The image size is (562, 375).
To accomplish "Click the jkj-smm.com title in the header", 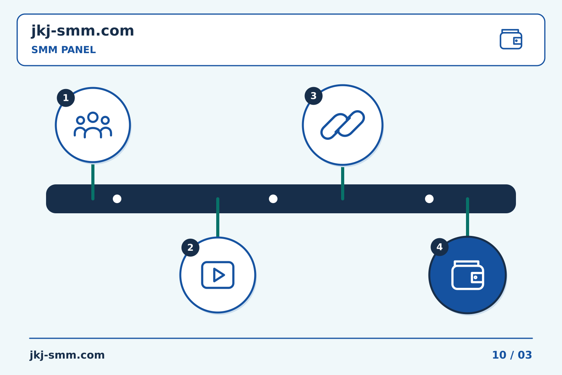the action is click(x=83, y=31).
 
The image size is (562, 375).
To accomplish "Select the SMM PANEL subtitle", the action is click(x=64, y=50).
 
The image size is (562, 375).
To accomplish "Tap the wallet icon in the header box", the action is click(x=511, y=39).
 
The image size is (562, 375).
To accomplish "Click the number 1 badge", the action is click(x=66, y=98).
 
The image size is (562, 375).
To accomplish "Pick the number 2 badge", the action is click(x=190, y=247).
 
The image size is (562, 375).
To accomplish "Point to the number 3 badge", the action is click(x=314, y=96).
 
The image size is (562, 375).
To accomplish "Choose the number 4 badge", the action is click(x=439, y=247).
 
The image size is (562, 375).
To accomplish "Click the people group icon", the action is click(x=93, y=125).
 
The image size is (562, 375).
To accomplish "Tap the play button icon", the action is click(x=218, y=275).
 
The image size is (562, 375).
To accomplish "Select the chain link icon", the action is click(x=343, y=125).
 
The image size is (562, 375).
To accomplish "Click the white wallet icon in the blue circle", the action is click(x=468, y=275).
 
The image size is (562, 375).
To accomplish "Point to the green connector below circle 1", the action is click(x=93, y=182).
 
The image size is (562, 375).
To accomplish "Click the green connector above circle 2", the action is click(x=218, y=217).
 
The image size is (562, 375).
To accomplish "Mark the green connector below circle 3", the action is click(x=343, y=183).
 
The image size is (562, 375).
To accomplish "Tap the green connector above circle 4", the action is click(x=468, y=217).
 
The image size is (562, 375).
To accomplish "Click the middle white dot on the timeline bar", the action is click(x=273, y=199).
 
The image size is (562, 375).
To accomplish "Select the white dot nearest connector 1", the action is click(x=117, y=199).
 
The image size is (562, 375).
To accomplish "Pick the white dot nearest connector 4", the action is click(x=429, y=199).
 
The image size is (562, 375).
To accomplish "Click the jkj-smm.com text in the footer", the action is click(x=67, y=355).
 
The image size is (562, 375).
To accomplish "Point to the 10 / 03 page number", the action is click(x=512, y=355).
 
